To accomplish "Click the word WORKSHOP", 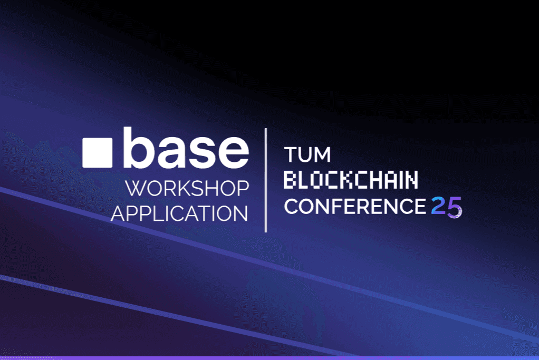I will coord(187,189).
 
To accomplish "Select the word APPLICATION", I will coord(179,213).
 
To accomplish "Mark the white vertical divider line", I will coord(266,180).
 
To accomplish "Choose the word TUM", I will coord(307,155).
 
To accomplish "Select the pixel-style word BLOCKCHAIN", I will coord(351,181).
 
